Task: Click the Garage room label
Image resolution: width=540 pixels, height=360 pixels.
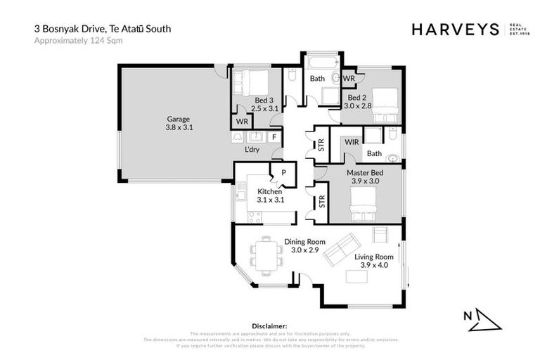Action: [178, 119]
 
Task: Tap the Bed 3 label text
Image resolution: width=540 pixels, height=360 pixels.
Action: [265, 101]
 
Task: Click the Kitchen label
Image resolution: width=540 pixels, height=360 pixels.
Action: [269, 191]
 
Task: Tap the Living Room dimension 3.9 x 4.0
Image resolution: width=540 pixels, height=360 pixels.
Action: [373, 266]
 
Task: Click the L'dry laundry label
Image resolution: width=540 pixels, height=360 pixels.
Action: [252, 150]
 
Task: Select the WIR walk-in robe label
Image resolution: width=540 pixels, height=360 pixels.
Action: [352, 142]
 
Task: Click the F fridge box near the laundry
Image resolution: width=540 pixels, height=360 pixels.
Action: [274, 136]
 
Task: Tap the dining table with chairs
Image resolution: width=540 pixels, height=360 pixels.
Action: [266, 255]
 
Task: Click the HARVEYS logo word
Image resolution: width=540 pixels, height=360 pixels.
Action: [454, 29]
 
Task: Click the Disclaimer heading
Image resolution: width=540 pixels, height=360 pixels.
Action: [269, 326]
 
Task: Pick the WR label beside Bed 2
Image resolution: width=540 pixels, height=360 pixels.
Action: [348, 78]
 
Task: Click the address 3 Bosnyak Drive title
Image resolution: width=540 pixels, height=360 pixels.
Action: [103, 29]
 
